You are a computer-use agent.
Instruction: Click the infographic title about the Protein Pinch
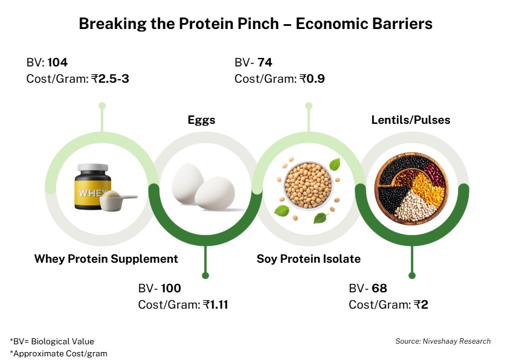point(255,25)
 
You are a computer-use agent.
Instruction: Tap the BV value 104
point(57,63)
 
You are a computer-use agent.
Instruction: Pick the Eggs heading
point(201,120)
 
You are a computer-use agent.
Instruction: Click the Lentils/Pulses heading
point(410,120)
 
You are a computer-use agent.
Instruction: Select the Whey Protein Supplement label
point(106,259)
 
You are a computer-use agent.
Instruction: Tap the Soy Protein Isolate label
point(308,259)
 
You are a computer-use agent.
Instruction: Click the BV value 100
point(170,289)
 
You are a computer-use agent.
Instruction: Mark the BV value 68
point(379,289)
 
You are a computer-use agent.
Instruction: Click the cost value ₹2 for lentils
point(421,304)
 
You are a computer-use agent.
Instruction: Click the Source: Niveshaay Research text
point(443,341)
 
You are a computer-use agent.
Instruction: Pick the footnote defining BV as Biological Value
point(52,341)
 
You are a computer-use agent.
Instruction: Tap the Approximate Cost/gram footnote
point(58,353)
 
